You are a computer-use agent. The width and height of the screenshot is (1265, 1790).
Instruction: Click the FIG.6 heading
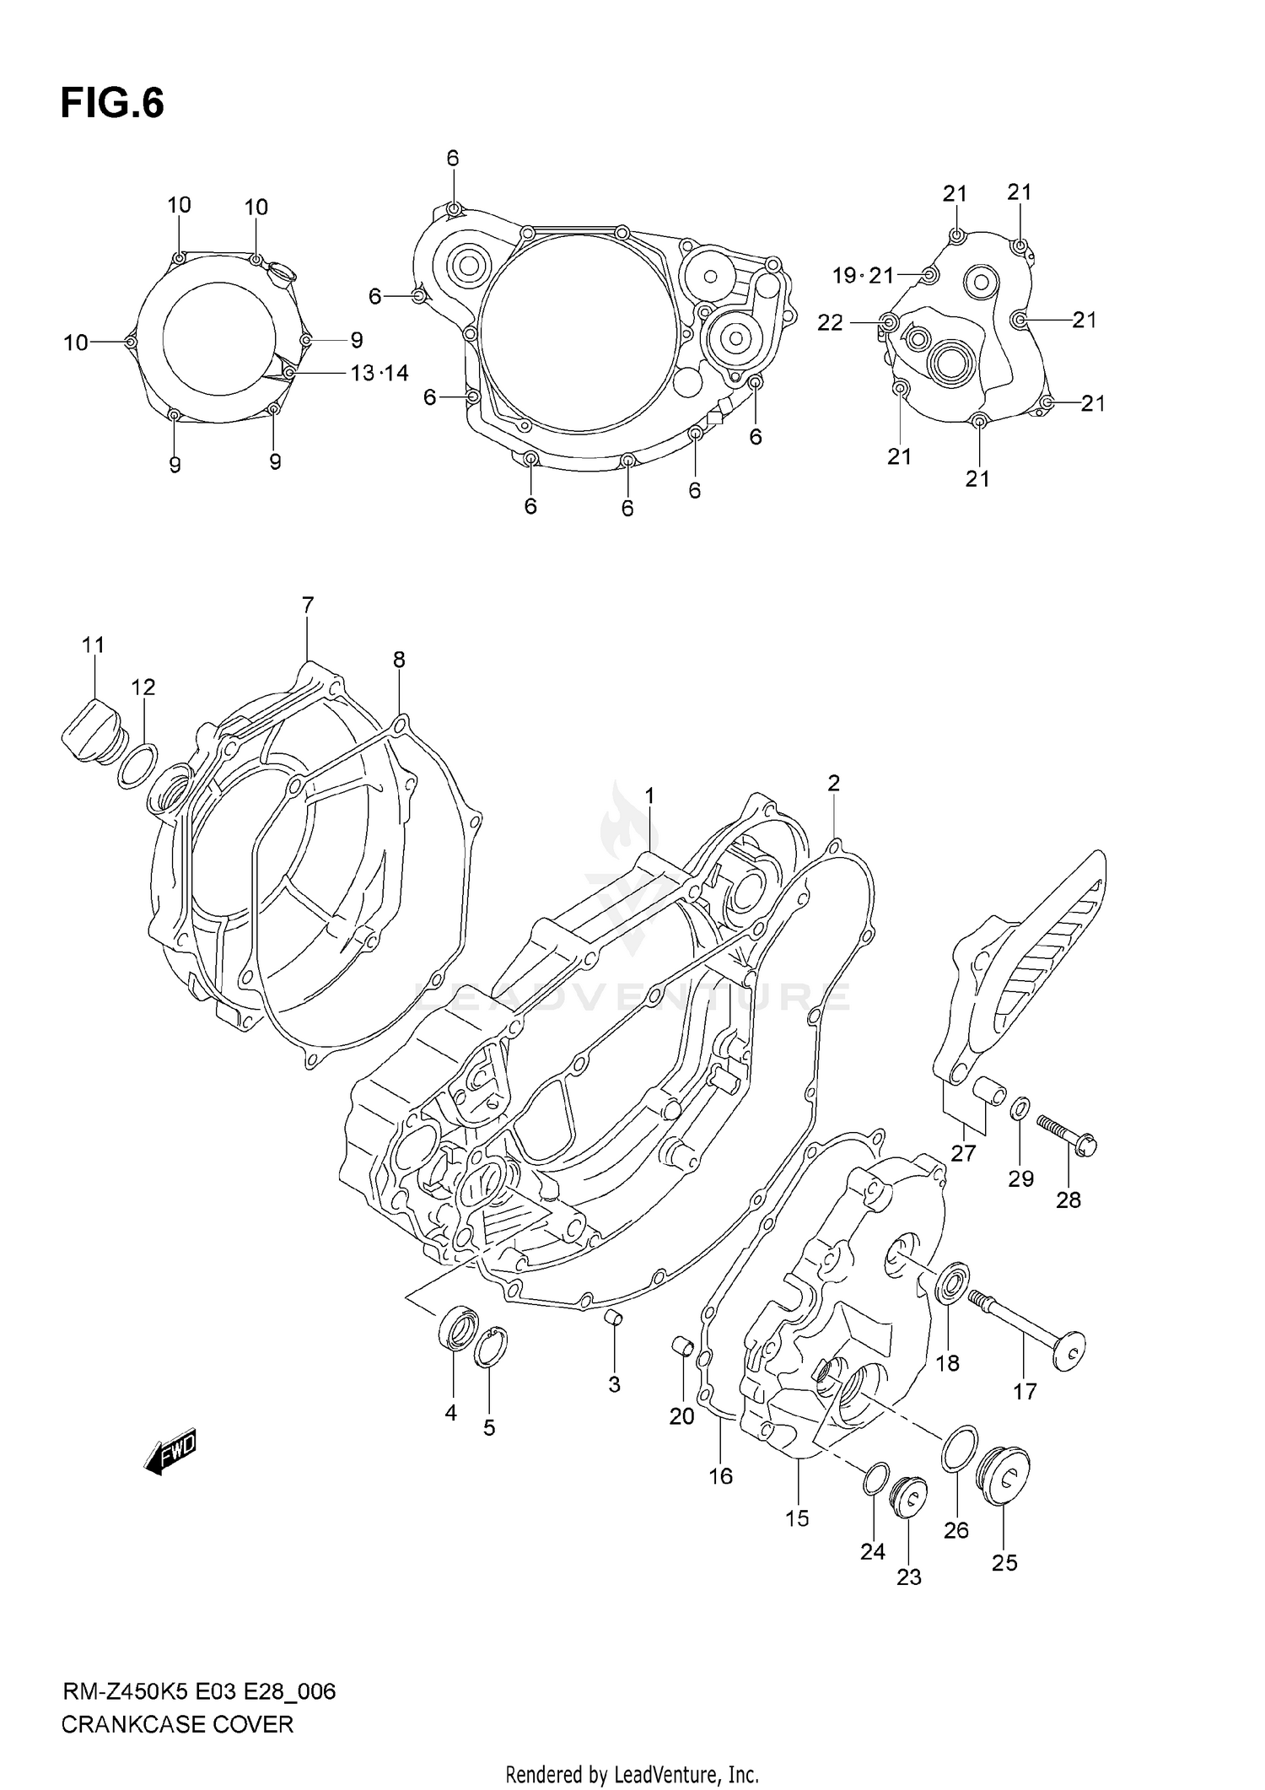[112, 104]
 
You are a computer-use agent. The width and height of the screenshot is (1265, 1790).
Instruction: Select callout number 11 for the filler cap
[93, 645]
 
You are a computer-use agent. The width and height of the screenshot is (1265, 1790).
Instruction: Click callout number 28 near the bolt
[1068, 1200]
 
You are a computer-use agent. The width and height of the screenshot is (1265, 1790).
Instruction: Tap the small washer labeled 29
[1020, 1107]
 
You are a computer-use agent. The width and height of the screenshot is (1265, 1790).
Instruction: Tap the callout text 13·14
[379, 373]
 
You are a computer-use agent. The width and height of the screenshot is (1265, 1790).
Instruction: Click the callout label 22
[830, 323]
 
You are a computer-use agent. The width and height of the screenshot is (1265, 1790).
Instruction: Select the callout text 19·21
[862, 275]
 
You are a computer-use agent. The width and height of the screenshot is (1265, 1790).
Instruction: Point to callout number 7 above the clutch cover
[307, 605]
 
